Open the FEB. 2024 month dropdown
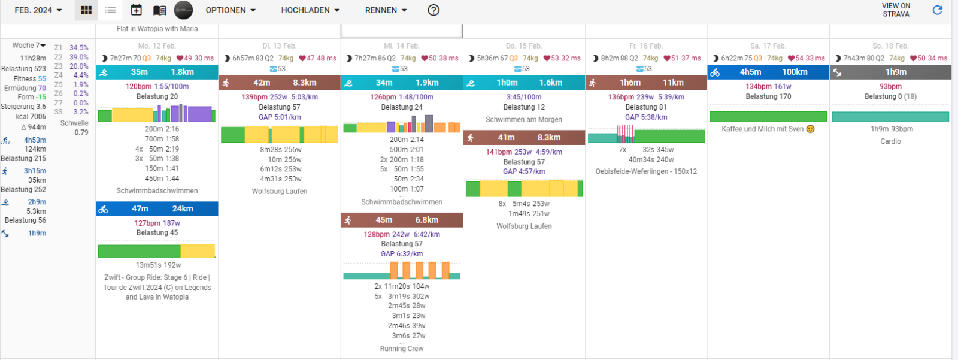point(38,10)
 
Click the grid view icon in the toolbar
point(86,10)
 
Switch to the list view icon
point(111,10)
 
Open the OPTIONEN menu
point(231,10)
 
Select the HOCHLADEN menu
point(310,10)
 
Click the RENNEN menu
point(386,10)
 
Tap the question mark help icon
point(433,10)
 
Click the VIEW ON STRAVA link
point(896,10)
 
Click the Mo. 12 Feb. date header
point(157,46)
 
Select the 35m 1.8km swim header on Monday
point(157,72)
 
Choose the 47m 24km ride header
point(157,208)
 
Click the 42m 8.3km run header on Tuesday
point(280,83)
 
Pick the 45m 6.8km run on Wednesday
point(402,220)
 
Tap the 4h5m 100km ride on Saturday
point(768,72)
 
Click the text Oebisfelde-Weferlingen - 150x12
point(646,171)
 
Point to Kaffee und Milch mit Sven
point(768,129)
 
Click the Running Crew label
point(402,349)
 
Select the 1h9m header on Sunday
point(890,72)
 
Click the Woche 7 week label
point(29,46)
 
